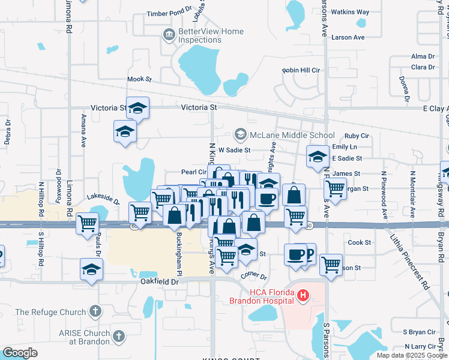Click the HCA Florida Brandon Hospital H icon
[x=304, y=295]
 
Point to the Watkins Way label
[x=351, y=12]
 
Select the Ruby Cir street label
[x=356, y=136]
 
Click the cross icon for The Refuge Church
[x=94, y=311]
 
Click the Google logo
[x=20, y=353]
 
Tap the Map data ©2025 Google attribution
[x=411, y=355]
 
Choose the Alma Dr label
[x=418, y=56]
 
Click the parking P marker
[x=309, y=253]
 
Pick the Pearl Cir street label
[x=193, y=172]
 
